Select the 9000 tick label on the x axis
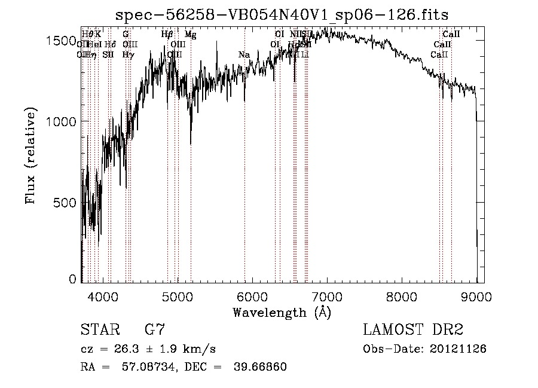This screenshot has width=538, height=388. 476,297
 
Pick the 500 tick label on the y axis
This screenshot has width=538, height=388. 67,202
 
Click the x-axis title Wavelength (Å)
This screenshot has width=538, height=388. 282,312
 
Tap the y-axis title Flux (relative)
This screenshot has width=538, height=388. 31,155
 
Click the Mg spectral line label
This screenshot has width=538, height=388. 190,35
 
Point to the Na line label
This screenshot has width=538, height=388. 244,55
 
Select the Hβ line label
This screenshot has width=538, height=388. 167,35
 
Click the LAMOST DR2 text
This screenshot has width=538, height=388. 412,331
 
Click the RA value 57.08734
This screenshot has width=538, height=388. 142,367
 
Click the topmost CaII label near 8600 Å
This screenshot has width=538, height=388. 451,35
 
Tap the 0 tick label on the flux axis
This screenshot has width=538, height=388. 73,279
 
